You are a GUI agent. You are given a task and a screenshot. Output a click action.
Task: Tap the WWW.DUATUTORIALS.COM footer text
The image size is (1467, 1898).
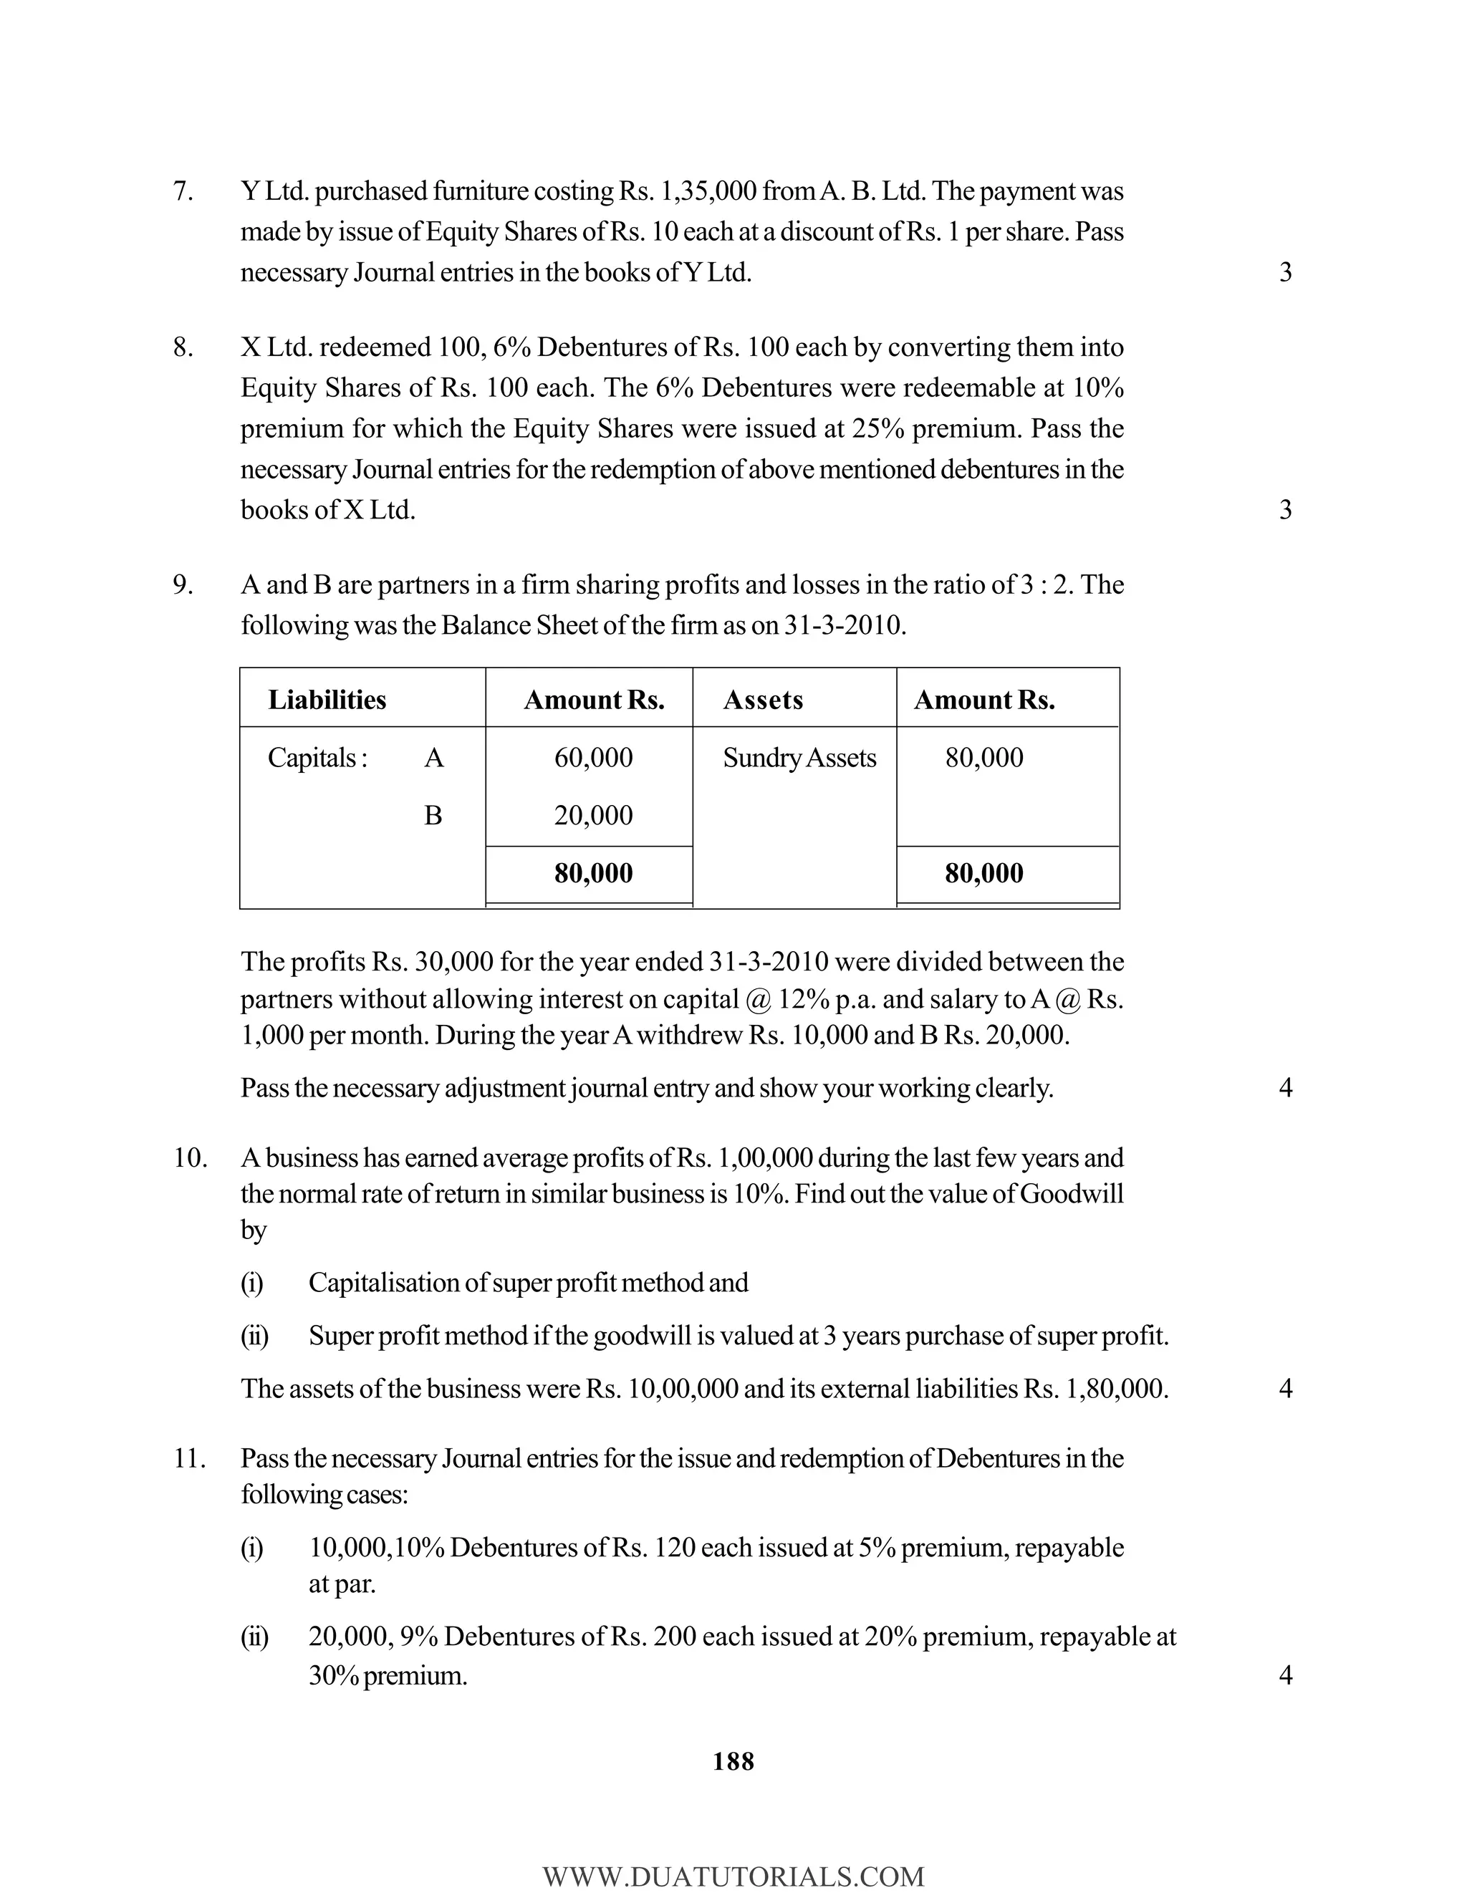coord(733,1877)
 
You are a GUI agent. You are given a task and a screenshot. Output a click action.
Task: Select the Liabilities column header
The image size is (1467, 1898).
coord(327,700)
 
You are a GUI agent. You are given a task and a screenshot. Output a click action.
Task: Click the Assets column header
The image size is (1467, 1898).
coord(762,700)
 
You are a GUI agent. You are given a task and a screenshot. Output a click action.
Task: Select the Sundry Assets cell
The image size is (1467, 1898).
coord(799,758)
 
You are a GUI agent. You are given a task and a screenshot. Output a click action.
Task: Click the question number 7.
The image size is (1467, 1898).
coord(183,191)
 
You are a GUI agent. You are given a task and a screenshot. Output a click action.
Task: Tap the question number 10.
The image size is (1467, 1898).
coord(189,1158)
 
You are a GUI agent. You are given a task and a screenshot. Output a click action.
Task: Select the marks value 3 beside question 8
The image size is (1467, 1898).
coord(1285,509)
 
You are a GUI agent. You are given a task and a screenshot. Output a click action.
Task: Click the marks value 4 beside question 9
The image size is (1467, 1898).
coord(1285,1087)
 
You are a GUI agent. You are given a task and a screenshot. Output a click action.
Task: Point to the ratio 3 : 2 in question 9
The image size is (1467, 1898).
coord(1044,585)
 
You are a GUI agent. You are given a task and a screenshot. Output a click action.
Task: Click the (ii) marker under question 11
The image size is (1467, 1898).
coord(254,1637)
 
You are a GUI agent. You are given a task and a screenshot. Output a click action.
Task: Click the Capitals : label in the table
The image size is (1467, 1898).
coord(317,758)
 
